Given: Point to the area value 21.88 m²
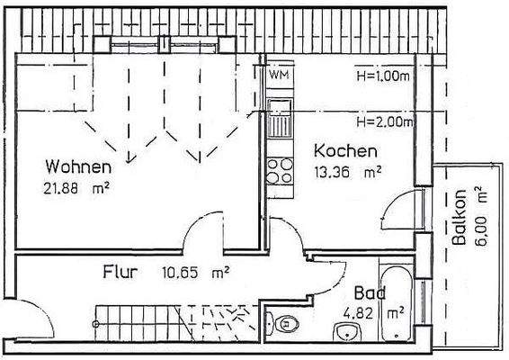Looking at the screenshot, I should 76,188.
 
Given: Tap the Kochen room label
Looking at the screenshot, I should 344,152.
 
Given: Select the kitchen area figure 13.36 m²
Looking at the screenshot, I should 347,173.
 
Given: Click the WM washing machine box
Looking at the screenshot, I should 278,76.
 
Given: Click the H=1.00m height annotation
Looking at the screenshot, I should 383,76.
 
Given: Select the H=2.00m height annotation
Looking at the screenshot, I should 383,121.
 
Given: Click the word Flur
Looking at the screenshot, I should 120,270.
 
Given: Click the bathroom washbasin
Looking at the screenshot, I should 345,333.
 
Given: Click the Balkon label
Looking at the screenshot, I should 459,220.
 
